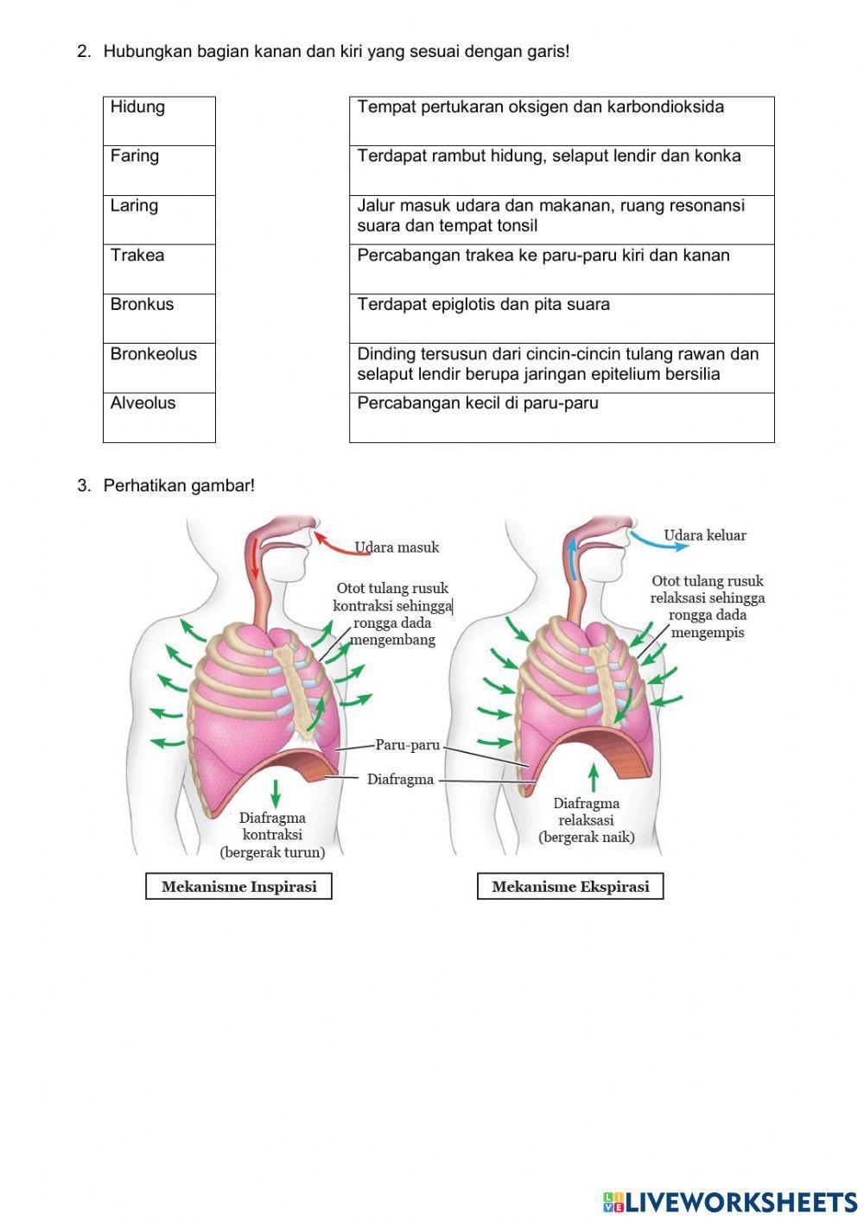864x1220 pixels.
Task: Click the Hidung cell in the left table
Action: tap(159, 121)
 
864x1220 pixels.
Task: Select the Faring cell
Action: tap(159, 170)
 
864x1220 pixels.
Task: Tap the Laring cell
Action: tap(159, 219)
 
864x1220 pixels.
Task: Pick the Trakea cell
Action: tap(159, 269)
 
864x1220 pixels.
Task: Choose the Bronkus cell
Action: tap(159, 318)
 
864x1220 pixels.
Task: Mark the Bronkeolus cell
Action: tap(159, 368)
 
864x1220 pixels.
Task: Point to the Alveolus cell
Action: tap(159, 417)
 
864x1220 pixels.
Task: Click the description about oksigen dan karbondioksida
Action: tap(562, 121)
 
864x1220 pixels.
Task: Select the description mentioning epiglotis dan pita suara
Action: tap(562, 318)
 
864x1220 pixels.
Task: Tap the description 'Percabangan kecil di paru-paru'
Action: tap(562, 417)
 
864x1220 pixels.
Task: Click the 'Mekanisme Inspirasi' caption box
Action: tap(238, 887)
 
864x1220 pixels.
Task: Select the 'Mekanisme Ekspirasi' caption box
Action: tap(570, 887)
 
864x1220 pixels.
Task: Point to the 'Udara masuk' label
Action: tap(397, 547)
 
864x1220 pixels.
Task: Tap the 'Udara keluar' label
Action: tap(704, 535)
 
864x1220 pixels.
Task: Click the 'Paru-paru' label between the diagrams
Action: tap(407, 745)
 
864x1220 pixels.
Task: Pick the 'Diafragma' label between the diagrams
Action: tap(400, 780)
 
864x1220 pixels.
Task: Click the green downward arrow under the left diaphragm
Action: tap(276, 791)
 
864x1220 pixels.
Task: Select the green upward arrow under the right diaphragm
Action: tap(593, 777)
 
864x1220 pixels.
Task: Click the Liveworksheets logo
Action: tap(729, 1202)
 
